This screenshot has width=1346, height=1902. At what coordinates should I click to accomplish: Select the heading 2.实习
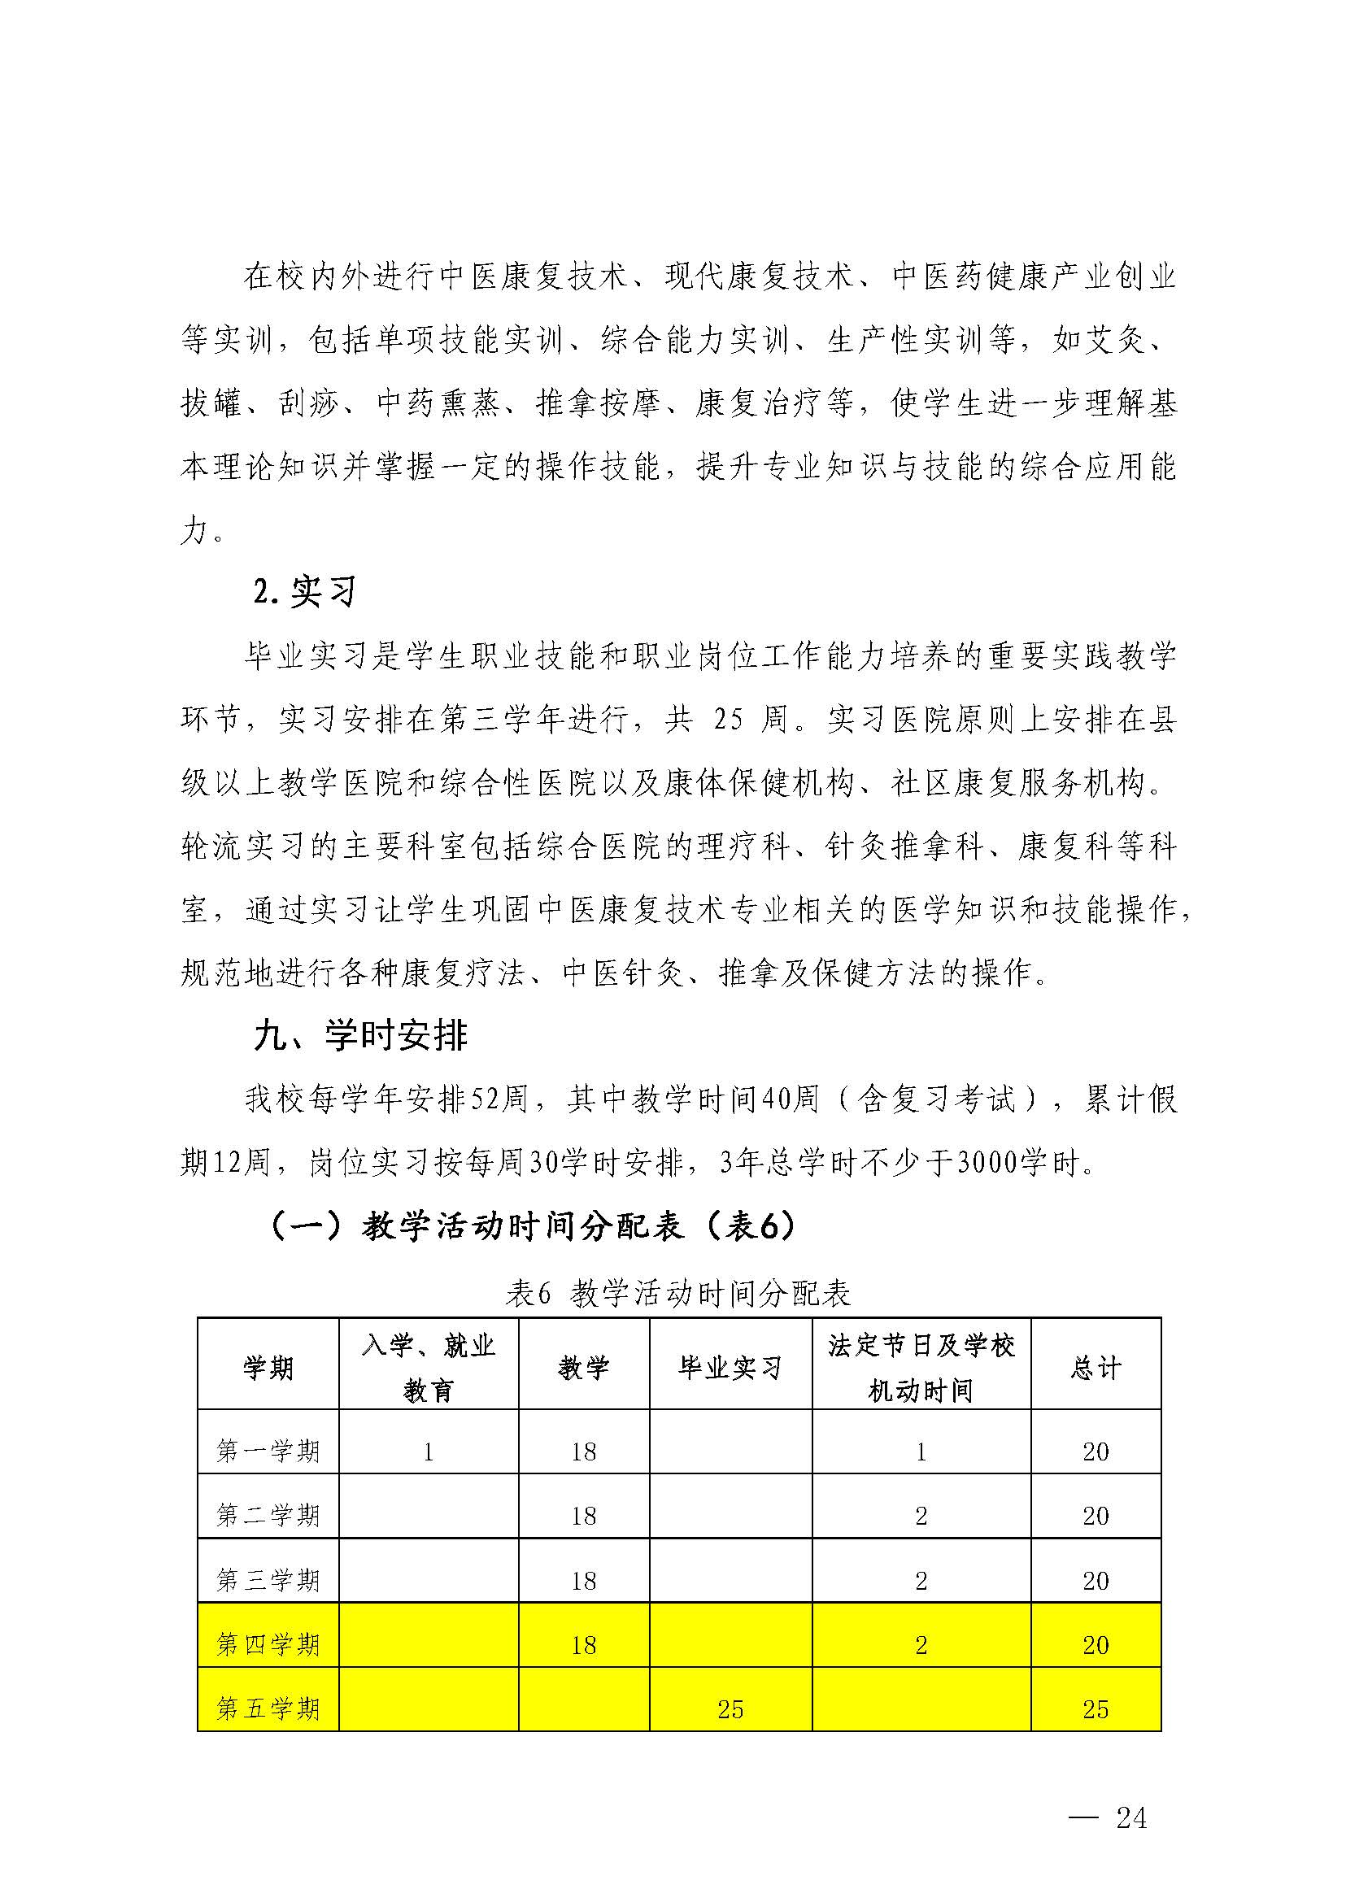coord(304,592)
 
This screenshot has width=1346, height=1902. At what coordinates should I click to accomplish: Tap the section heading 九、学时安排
coord(360,1036)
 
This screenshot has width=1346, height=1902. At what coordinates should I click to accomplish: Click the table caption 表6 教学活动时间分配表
coord(678,1294)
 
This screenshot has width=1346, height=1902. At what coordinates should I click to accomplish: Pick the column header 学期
coord(268,1368)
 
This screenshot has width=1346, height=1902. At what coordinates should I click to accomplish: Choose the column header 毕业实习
coord(730,1368)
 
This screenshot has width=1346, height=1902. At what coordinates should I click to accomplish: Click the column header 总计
coord(1095,1368)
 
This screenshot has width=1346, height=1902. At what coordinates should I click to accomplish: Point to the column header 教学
coord(583,1368)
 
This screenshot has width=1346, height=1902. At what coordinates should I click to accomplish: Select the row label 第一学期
coord(268,1452)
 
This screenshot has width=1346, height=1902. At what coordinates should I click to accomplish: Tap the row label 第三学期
coord(268,1581)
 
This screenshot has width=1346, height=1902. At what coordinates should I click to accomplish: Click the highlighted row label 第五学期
coord(268,1708)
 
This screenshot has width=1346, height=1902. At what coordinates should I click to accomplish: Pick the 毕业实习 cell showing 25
coord(730,1709)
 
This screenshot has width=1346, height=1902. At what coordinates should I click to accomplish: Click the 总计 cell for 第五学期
coord(1095,1709)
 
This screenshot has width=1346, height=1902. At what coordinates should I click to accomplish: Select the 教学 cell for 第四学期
coord(583,1644)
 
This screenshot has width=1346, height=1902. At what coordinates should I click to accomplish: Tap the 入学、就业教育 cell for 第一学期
coord(428,1452)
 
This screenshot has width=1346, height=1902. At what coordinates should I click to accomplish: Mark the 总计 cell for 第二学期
coord(1095,1517)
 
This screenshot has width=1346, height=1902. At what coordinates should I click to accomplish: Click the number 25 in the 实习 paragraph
coord(728,720)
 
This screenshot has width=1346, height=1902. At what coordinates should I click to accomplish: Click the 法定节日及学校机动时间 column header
coord(921,1368)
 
